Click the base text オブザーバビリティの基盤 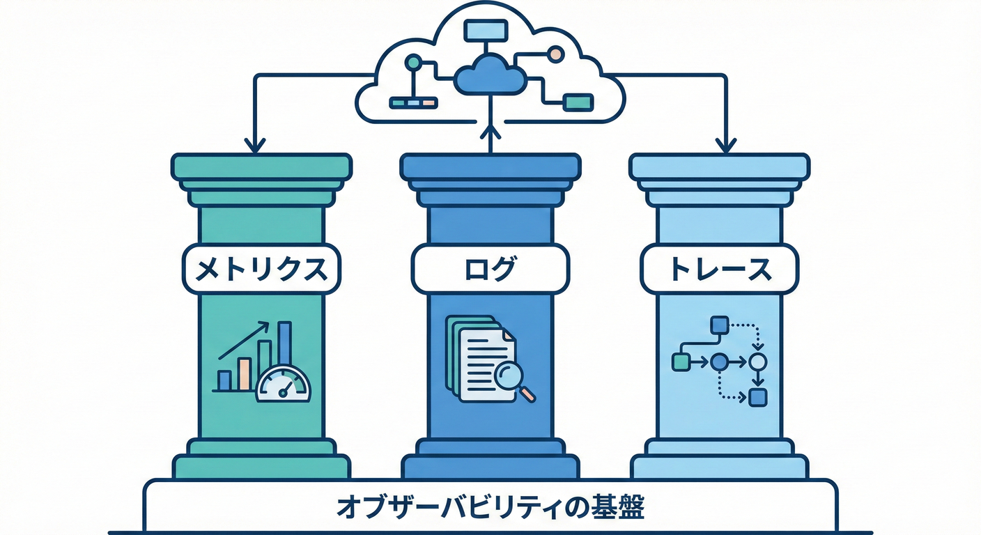(490, 507)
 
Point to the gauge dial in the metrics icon (284, 386)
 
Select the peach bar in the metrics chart (245, 374)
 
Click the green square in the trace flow (680, 362)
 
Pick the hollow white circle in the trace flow (758, 362)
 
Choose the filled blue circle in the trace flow (720, 362)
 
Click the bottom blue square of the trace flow (758, 398)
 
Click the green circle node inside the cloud (412, 62)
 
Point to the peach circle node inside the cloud (555, 54)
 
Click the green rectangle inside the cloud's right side (578, 102)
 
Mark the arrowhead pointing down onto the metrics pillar (255, 145)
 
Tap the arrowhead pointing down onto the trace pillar (726, 145)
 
